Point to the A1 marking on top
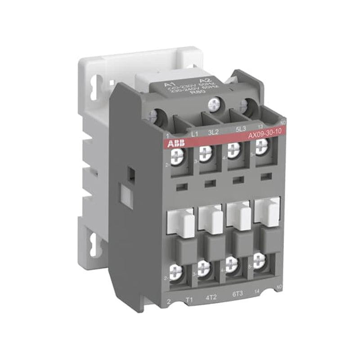pyautogui.click(x=169, y=84)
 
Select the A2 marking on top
pyautogui.click(x=195, y=81)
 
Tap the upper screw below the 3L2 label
pyautogui.click(x=205, y=153)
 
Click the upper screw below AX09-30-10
pyautogui.click(x=261, y=145)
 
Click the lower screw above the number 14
pyautogui.click(x=259, y=260)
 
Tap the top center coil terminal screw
pyautogui.click(x=213, y=105)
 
